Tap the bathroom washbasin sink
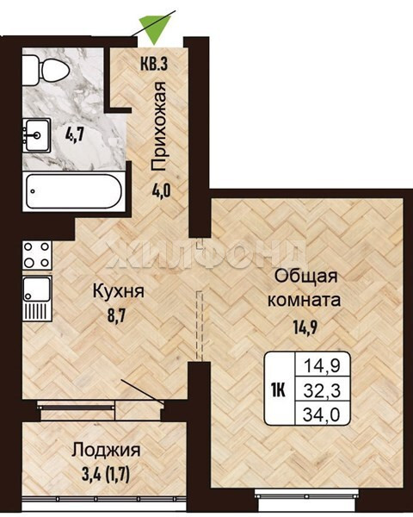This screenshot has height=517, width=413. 36,135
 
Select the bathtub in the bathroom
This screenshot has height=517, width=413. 74,191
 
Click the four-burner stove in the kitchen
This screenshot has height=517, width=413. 37,255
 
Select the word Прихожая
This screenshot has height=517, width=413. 158,127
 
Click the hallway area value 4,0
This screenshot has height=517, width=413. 162,190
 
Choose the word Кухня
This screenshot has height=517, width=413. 119,292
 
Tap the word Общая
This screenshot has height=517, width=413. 306,277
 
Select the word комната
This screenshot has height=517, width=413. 304,301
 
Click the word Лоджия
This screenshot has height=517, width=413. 107,450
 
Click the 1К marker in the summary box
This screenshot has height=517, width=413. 278,391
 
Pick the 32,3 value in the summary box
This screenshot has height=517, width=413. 322,391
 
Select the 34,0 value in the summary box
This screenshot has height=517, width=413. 322,414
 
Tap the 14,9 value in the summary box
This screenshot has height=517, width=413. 322,366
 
